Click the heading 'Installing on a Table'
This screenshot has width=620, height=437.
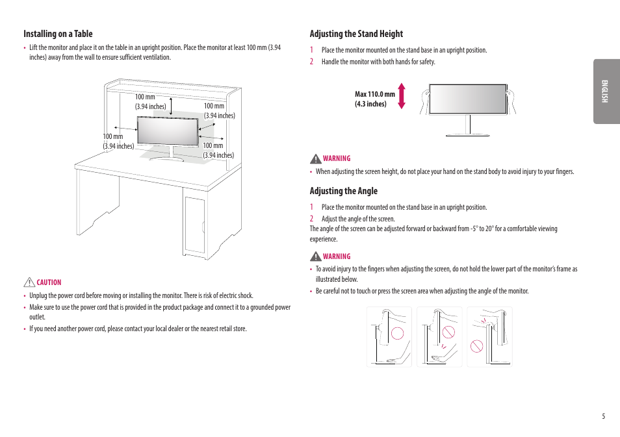pos(58,34)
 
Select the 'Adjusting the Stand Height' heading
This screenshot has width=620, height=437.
pos(356,34)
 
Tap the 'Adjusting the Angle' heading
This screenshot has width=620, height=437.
pos(343,191)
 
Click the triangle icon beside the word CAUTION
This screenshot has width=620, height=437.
pos(29,282)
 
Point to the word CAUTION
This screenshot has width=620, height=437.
pos(49,282)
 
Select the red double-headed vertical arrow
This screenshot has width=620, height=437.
pos(402,95)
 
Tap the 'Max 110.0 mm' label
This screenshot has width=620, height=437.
pos(375,94)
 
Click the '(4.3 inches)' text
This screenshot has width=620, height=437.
pos(370,104)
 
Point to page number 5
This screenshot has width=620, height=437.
pos(602,416)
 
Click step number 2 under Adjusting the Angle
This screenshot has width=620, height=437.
pos(311,219)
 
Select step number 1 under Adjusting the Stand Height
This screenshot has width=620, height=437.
pos(311,50)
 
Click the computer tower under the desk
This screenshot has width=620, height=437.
pos(194,223)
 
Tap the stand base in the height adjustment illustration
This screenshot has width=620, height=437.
pos(467,134)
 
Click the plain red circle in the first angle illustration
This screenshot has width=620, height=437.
pos(397,334)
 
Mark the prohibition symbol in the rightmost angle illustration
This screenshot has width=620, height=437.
pos(477,346)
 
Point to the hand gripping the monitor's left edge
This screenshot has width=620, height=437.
pos(426,100)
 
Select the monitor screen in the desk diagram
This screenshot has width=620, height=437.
pos(167,131)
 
